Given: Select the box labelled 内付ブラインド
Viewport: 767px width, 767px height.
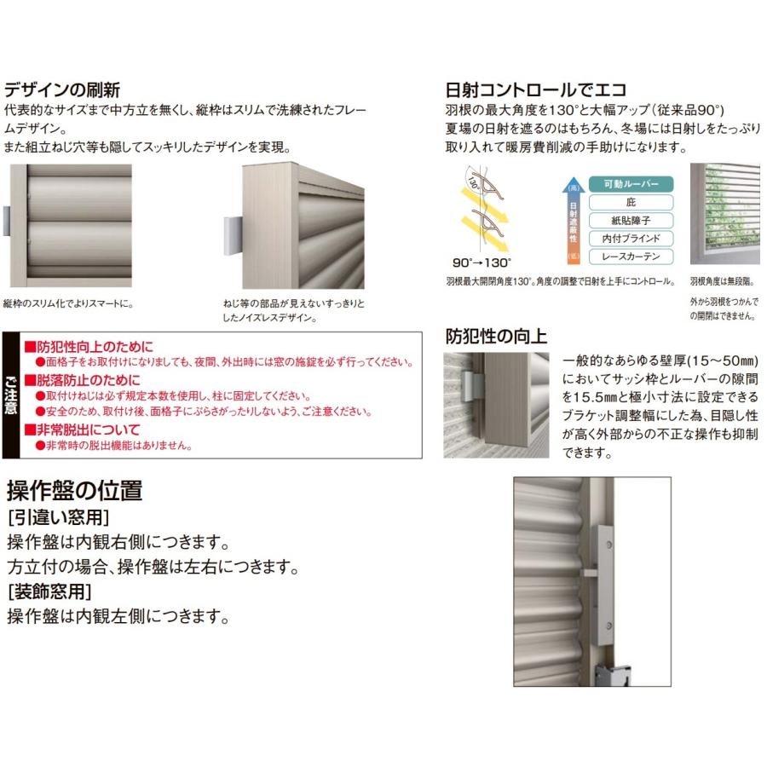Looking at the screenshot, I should click(x=631, y=239).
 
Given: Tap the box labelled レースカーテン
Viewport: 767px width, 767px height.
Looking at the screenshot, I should click(x=631, y=257).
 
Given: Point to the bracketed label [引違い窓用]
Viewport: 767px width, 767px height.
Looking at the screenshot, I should click(x=61, y=517).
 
